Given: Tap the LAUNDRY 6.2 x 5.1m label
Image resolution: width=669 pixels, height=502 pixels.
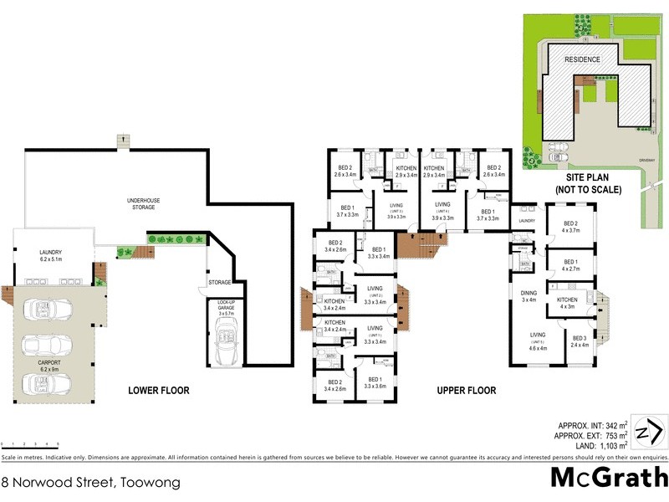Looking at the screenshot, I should pyautogui.click(x=57, y=255).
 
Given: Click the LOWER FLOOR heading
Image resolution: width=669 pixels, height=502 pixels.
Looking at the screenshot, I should pyautogui.click(x=158, y=391).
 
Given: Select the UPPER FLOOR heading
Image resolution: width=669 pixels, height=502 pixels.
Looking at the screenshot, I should pyautogui.click(x=466, y=391).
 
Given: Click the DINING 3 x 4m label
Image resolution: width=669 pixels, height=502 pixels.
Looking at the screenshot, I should pyautogui.click(x=529, y=296).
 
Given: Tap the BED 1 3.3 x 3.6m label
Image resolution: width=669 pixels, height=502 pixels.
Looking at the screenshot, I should pyautogui.click(x=375, y=383).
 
